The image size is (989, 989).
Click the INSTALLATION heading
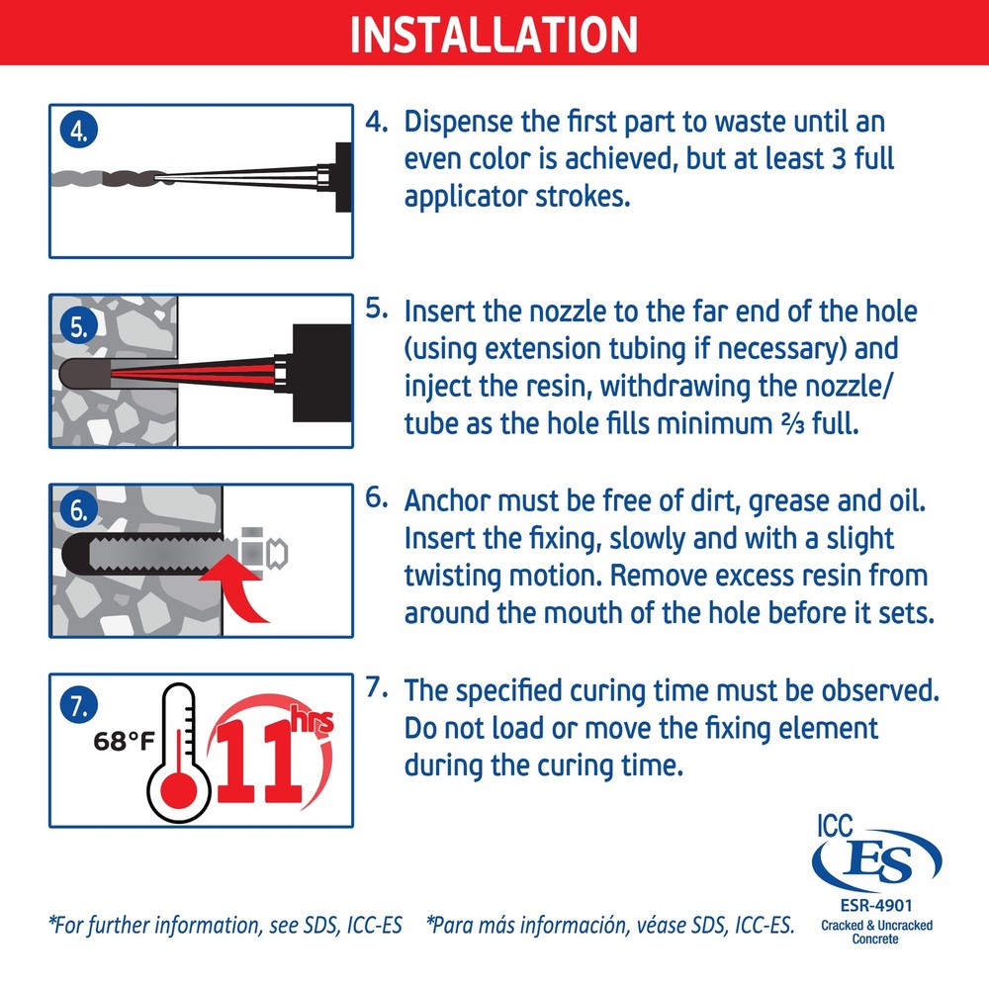[494, 34]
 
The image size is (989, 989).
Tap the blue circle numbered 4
[79, 130]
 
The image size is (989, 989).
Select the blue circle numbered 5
[79, 325]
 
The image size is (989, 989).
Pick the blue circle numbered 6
[79, 509]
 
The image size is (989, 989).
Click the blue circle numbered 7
[79, 705]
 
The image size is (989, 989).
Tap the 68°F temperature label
[124, 741]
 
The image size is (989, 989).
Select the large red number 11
[257, 762]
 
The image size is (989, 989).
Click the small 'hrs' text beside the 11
[312, 719]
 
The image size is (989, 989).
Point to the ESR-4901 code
[876, 906]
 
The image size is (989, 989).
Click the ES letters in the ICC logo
[877, 862]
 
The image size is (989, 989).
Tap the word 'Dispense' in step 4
[459, 123]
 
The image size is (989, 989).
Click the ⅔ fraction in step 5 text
[792, 424]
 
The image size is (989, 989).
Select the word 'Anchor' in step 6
[447, 501]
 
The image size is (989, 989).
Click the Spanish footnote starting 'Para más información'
[610, 926]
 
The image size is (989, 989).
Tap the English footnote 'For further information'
[225, 926]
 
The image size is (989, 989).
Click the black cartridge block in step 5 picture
[321, 373]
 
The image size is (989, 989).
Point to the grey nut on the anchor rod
[252, 553]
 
